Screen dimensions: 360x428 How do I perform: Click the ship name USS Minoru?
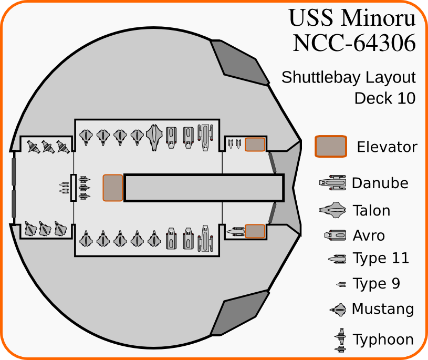(352, 18)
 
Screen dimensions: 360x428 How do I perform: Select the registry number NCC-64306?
(354, 43)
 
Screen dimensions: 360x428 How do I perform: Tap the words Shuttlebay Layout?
(349, 78)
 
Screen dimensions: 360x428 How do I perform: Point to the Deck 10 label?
(385, 98)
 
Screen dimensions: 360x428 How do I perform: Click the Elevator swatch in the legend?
(330, 147)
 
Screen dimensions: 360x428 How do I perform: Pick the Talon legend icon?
(333, 211)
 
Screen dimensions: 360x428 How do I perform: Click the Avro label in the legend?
(369, 235)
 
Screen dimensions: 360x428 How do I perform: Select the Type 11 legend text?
(381, 259)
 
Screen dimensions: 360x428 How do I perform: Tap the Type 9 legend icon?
(341, 284)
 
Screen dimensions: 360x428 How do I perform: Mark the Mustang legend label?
(383, 309)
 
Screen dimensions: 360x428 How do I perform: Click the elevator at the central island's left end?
(113, 188)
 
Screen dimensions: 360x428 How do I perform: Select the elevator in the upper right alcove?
(255, 145)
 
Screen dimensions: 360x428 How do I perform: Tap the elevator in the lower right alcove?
(255, 231)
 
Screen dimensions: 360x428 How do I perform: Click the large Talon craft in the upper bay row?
(154, 137)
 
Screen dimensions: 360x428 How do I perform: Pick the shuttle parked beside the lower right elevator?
(236, 231)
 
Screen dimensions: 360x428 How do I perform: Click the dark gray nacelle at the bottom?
(239, 315)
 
